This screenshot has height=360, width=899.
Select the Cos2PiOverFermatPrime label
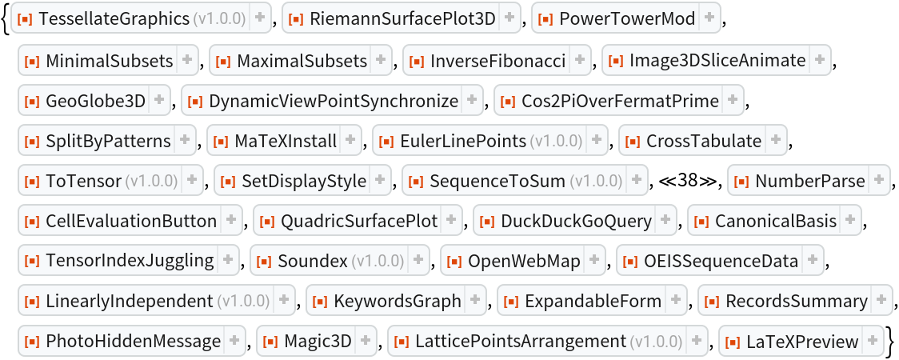pyautogui.click(x=620, y=101)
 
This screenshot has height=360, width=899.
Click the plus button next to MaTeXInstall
pyautogui.click(x=350, y=141)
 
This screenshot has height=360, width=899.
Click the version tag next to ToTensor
pyautogui.click(x=151, y=181)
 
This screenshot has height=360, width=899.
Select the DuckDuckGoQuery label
pyautogui.click(x=576, y=220)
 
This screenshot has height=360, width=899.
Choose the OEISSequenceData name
pyautogui.click(x=721, y=261)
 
